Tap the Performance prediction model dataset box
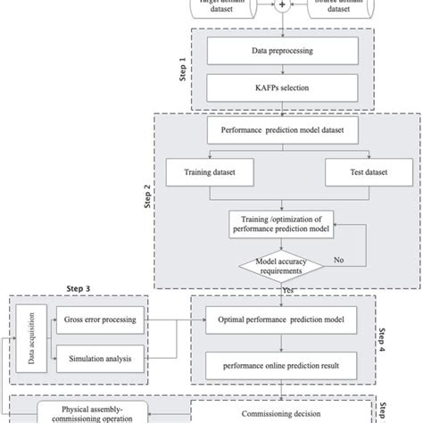click(x=283, y=130)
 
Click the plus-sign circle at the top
click(x=283, y=4)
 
